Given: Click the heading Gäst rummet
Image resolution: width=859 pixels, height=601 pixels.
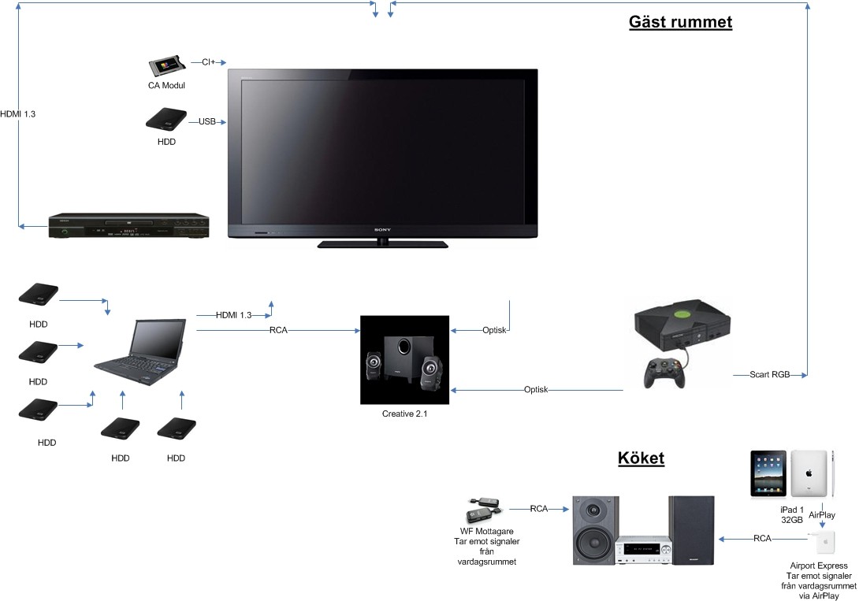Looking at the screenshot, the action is pyautogui.click(x=680, y=22).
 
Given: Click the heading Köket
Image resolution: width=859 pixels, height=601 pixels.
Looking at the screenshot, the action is pyautogui.click(x=641, y=458).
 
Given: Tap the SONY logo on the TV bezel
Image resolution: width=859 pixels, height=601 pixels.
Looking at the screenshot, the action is pyautogui.click(x=382, y=230).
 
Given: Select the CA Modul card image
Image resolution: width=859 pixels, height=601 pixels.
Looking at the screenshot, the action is pyautogui.click(x=166, y=66).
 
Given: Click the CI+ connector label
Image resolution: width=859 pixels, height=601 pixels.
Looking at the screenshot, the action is pyautogui.click(x=208, y=62).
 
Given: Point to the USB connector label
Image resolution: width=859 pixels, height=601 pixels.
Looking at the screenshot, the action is pyautogui.click(x=206, y=121).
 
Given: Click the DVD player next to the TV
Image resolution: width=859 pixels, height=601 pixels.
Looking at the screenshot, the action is pyautogui.click(x=128, y=225).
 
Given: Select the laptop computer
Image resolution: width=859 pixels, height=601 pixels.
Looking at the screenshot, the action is pyautogui.click(x=139, y=352).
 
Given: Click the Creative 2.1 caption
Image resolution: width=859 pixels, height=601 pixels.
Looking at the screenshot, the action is pyautogui.click(x=404, y=414).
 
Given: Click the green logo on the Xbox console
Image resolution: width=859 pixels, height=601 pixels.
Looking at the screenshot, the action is pyautogui.click(x=682, y=315).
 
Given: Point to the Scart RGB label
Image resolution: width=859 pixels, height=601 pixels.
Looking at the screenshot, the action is pyautogui.click(x=770, y=374).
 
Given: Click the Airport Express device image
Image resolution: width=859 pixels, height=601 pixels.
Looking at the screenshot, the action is pyautogui.click(x=824, y=543).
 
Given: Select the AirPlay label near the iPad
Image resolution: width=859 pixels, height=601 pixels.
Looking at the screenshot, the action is pyautogui.click(x=822, y=514).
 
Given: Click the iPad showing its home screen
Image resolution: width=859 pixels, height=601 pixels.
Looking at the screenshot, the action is pyautogui.click(x=768, y=474).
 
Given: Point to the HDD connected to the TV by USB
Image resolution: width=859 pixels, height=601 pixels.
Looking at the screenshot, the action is pyautogui.click(x=166, y=120).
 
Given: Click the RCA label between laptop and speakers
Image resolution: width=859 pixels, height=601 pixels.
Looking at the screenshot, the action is pyautogui.click(x=278, y=330).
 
